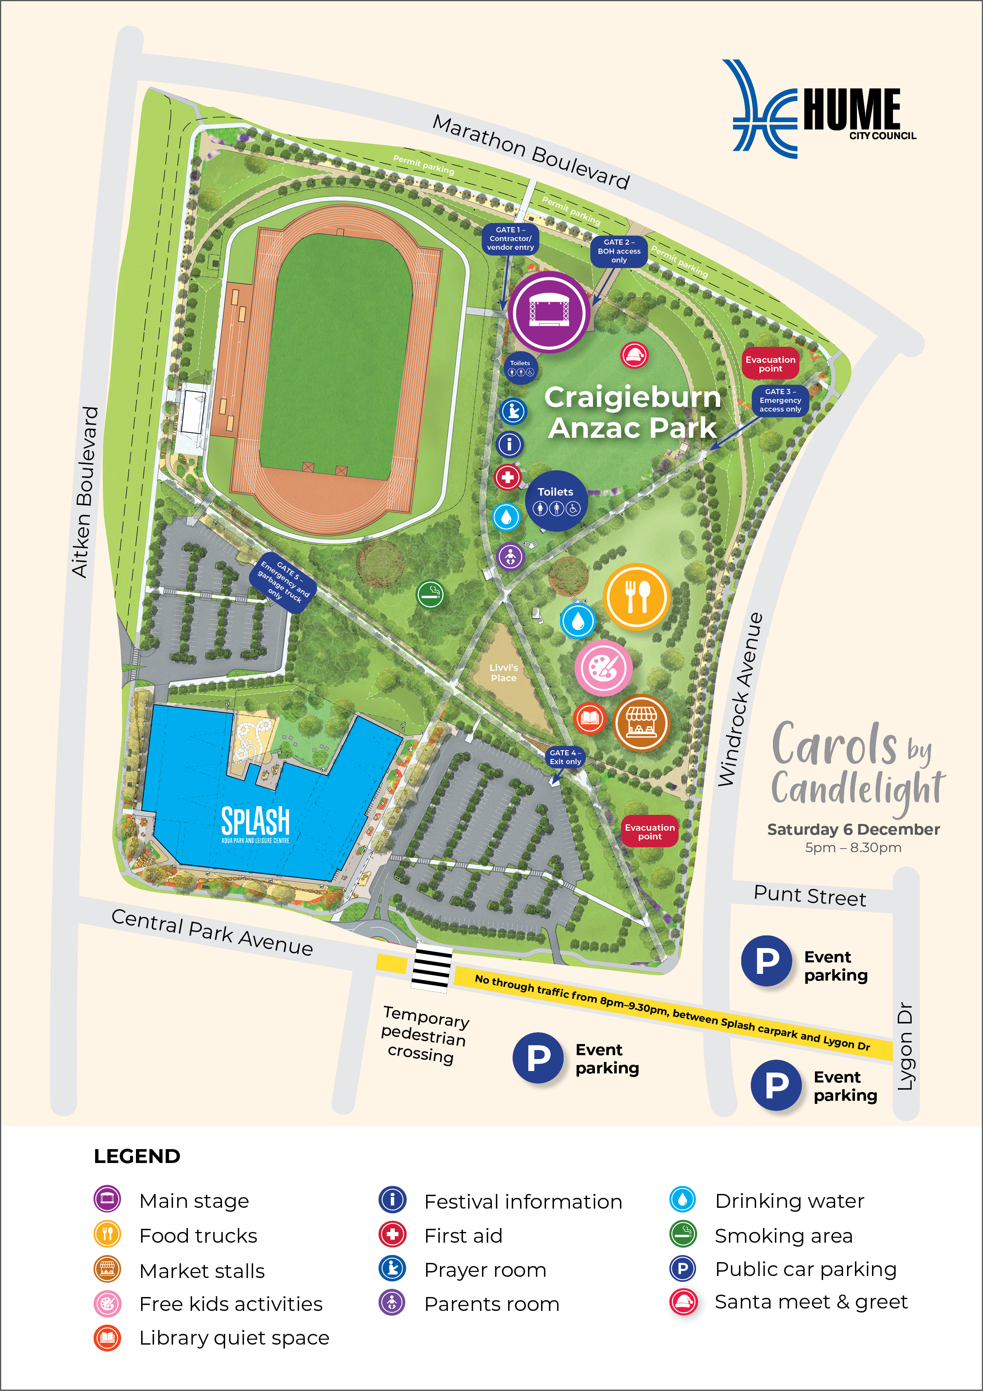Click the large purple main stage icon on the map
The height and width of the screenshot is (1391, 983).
pyautogui.click(x=549, y=312)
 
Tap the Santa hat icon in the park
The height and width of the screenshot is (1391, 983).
pyautogui.click(x=634, y=355)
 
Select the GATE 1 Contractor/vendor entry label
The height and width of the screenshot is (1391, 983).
pyautogui.click(x=510, y=239)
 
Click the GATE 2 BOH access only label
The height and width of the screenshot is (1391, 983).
pyautogui.click(x=618, y=251)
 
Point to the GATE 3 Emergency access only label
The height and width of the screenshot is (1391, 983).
pyautogui.click(x=780, y=400)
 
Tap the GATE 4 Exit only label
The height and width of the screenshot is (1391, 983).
pyautogui.click(x=565, y=757)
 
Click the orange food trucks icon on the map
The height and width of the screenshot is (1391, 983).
pyautogui.click(x=636, y=597)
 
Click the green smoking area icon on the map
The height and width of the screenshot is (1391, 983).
pyautogui.click(x=430, y=594)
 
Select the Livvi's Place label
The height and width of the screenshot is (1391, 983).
pyautogui.click(x=503, y=673)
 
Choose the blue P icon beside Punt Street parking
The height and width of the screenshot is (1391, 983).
pyautogui.click(x=767, y=961)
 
